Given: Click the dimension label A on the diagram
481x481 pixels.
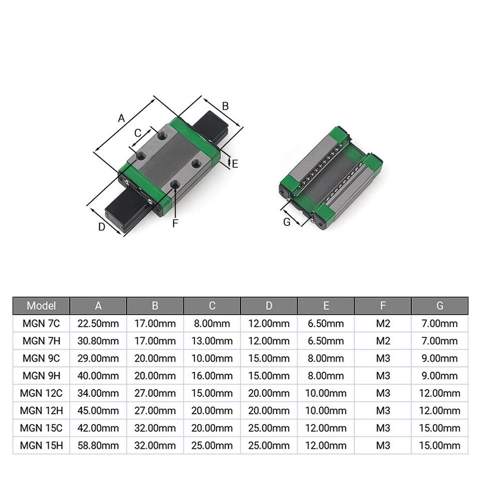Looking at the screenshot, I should [121, 119].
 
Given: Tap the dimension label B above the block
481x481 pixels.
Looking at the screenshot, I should [225, 106].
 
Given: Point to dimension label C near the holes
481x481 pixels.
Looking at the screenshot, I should [138, 133].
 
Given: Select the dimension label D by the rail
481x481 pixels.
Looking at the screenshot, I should [101, 226].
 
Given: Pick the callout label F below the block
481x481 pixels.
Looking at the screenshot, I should [175, 223].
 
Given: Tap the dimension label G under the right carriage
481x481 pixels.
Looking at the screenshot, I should [287, 222].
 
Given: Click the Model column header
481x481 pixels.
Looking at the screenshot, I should [41, 306].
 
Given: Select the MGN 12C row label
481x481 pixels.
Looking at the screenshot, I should [41, 393].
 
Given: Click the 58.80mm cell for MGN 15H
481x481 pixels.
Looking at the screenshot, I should [98, 445].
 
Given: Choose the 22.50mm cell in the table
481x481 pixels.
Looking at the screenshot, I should [98, 324].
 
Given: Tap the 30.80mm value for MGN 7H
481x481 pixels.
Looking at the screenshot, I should [98, 341].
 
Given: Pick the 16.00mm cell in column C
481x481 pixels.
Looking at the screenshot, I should [212, 376].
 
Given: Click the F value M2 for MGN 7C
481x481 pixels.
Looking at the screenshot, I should [383, 324].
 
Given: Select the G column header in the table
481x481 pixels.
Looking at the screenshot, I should [439, 306].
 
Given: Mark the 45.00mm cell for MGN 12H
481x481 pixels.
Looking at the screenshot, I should [98, 411].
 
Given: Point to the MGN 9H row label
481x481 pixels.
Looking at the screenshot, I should [41, 376].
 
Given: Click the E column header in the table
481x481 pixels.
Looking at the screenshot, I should [326, 306].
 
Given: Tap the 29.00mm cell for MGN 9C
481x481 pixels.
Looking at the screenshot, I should [98, 359].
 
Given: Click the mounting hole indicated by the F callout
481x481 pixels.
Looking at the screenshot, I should [175, 185].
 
